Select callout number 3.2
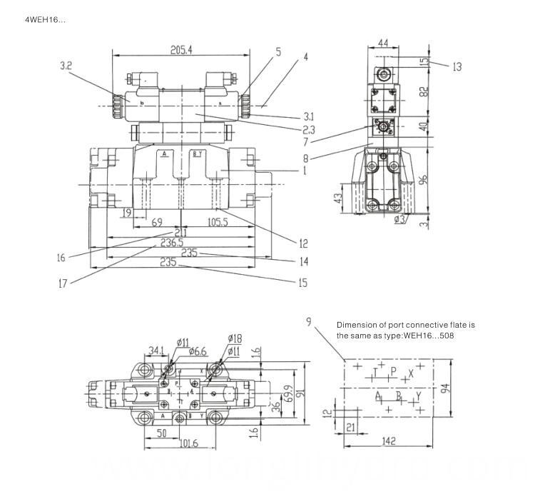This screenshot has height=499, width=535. coord(66,66)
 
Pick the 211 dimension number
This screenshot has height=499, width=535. coord(181,233)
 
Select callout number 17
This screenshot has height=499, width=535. coord(63,283)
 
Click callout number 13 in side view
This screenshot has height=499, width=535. coord(457,66)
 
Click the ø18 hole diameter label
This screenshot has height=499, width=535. coord(235,338)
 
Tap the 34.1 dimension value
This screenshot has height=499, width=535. coord(157,350)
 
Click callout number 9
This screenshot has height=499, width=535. coord(309,323)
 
